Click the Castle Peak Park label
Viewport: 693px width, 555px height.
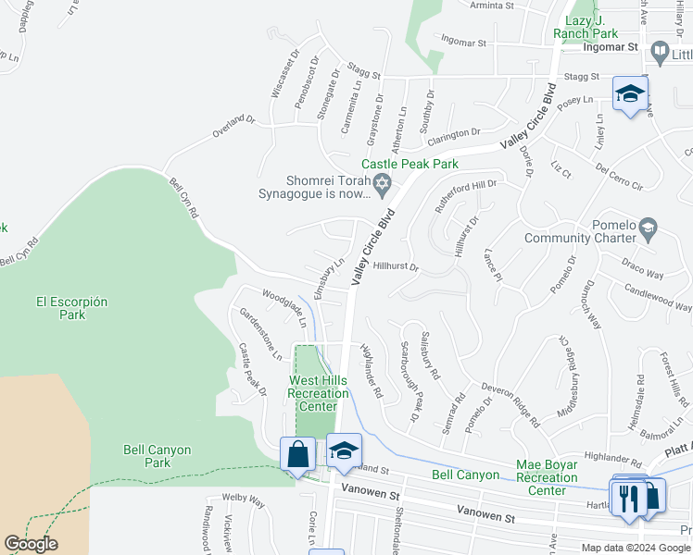click(409, 164)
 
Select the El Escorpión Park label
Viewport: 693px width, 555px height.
click(72, 308)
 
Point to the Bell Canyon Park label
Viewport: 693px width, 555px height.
click(157, 456)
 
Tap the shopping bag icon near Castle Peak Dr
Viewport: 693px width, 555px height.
click(297, 455)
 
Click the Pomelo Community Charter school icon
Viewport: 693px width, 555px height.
click(649, 227)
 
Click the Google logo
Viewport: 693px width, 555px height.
click(31, 544)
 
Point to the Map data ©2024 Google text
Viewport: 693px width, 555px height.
click(635, 548)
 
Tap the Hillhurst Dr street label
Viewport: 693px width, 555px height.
click(398, 266)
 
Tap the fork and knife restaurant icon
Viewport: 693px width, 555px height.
click(632, 498)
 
